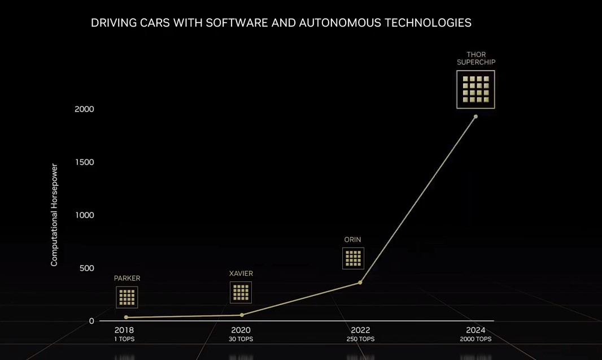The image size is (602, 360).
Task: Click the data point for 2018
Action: (x=126, y=318)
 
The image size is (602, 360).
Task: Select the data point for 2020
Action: (x=242, y=315)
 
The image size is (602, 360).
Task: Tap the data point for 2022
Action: (x=360, y=283)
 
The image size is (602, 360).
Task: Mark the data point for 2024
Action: (x=476, y=116)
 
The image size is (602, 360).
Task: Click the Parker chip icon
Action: (x=127, y=297)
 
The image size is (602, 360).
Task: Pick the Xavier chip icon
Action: (x=241, y=292)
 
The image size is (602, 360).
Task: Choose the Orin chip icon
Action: (x=353, y=258)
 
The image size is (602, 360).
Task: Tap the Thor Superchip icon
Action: (x=476, y=89)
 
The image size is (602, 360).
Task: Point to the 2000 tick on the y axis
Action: (x=84, y=109)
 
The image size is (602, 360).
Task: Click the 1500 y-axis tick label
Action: (x=84, y=162)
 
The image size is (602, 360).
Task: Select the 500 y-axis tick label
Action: (x=86, y=268)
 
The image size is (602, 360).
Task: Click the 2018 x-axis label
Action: (x=124, y=330)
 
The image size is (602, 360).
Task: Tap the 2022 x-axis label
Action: (x=360, y=330)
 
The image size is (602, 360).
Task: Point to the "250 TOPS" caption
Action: (x=360, y=339)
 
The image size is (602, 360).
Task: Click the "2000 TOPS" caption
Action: (x=476, y=339)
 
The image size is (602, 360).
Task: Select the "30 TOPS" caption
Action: (x=241, y=339)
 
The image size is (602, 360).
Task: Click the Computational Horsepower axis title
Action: (x=54, y=215)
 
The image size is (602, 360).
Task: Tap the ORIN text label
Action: (x=352, y=240)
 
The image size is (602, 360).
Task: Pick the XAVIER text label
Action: (x=241, y=274)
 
